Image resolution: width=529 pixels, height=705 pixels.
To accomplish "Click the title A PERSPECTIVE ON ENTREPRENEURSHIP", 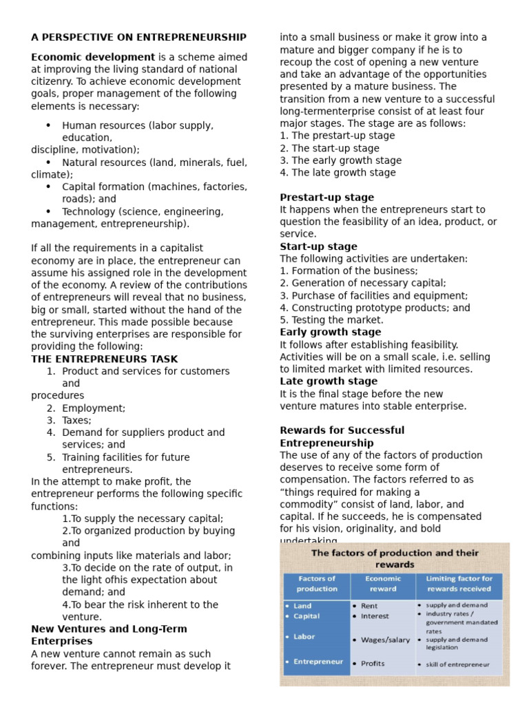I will tap(138, 37).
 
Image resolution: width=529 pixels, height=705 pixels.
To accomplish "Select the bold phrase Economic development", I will tap(93, 57).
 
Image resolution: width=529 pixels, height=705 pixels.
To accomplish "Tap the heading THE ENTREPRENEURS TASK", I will tap(105, 359).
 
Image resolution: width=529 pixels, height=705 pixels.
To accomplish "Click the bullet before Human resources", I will tap(48, 125).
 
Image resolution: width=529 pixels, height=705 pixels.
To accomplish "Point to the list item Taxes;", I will tap(76, 420).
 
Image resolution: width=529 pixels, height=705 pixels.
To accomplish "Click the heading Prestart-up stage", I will tap(326, 198).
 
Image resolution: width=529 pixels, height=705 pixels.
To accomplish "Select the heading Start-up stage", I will tap(318, 246).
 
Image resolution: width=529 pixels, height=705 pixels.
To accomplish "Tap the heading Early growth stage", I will tap(330, 332).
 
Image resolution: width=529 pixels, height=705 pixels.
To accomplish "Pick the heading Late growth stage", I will tap(327, 381).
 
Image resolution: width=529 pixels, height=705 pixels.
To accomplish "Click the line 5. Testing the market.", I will tap(331, 320).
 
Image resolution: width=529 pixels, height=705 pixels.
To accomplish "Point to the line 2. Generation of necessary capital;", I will tap(363, 283).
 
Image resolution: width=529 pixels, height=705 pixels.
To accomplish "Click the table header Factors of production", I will tap(317, 584).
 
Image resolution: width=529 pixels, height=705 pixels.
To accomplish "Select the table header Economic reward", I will tap(383, 584).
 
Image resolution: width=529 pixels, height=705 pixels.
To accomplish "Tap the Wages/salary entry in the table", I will tap(385, 640).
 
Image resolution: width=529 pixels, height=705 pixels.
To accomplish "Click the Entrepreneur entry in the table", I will tap(318, 662).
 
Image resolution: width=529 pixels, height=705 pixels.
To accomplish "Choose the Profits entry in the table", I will tap(373, 664).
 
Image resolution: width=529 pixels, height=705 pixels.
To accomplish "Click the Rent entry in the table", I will tap(369, 606).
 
